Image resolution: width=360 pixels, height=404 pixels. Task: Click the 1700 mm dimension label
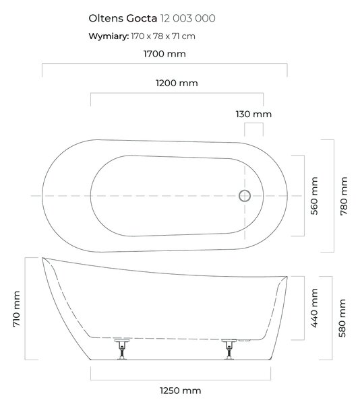[x=164, y=54]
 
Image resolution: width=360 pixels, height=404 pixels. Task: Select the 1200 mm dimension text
[x=177, y=83]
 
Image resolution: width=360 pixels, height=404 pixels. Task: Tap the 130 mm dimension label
[x=253, y=114]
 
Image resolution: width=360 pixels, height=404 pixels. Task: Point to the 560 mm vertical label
[x=314, y=196]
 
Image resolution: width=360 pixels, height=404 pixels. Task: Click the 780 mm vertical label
[x=344, y=196]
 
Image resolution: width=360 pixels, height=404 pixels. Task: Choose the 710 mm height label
[x=16, y=308]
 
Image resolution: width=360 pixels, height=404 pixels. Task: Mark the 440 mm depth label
[x=314, y=308]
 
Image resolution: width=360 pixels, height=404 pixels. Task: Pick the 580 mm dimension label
[x=342, y=318]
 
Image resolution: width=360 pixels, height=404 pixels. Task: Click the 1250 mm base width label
[x=181, y=391]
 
